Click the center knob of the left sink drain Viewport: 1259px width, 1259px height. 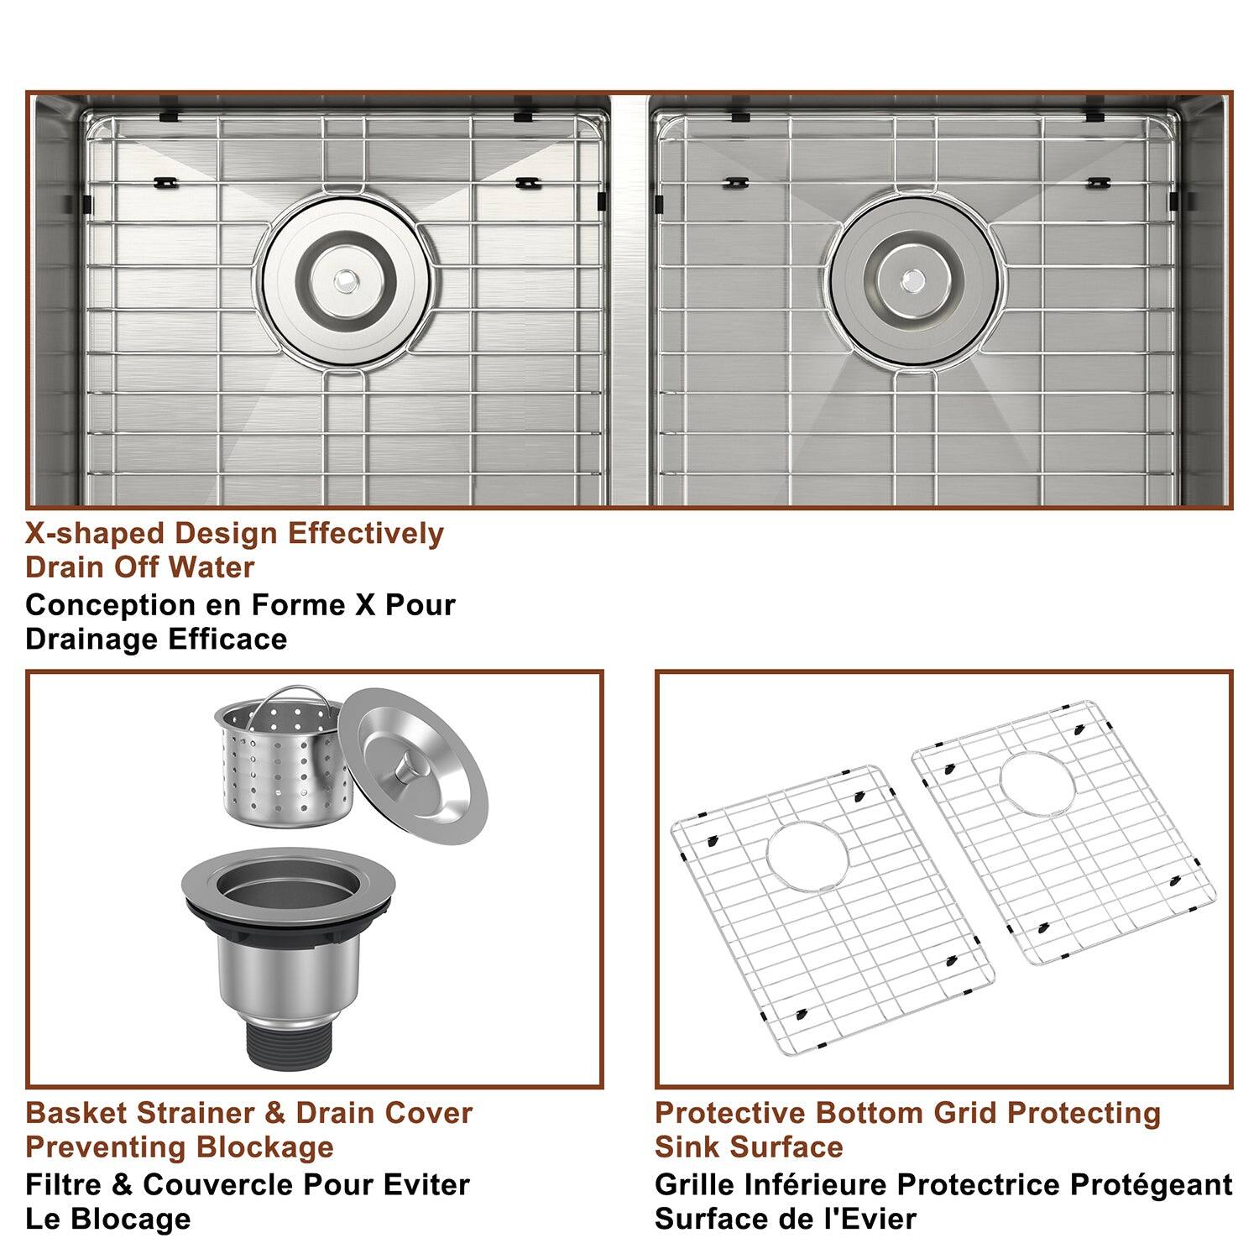(x=345, y=281)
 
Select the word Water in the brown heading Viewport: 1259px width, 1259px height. (x=211, y=567)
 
